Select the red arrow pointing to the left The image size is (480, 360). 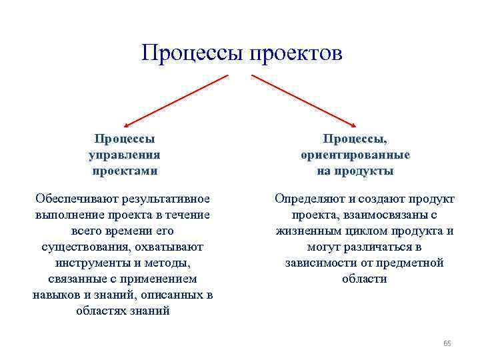click(177, 100)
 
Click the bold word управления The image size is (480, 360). click(125, 155)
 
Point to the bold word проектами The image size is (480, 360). click(125, 171)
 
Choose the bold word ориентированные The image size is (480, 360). click(355, 155)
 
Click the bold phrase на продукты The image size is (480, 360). click(355, 171)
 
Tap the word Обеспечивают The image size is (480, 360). click(75, 199)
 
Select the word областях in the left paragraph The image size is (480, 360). click(102, 311)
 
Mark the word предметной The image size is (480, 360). click(413, 263)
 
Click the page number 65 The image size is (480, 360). click(447, 343)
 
